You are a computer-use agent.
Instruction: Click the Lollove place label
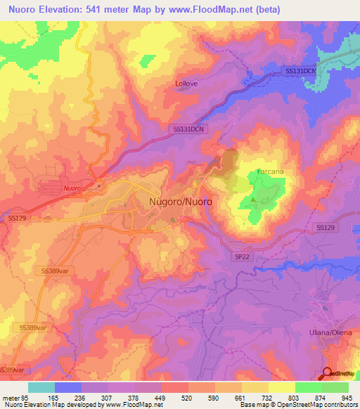pyautogui.click(x=186, y=84)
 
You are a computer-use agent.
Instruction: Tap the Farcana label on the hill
pyautogui.click(x=270, y=171)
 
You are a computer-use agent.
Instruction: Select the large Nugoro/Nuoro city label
pyautogui.click(x=181, y=202)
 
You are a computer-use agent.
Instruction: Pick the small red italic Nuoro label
pyautogui.click(x=71, y=188)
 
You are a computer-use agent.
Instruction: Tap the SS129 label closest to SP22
pyautogui.click(x=326, y=228)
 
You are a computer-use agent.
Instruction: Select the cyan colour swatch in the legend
pyautogui.click(x=41, y=388)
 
